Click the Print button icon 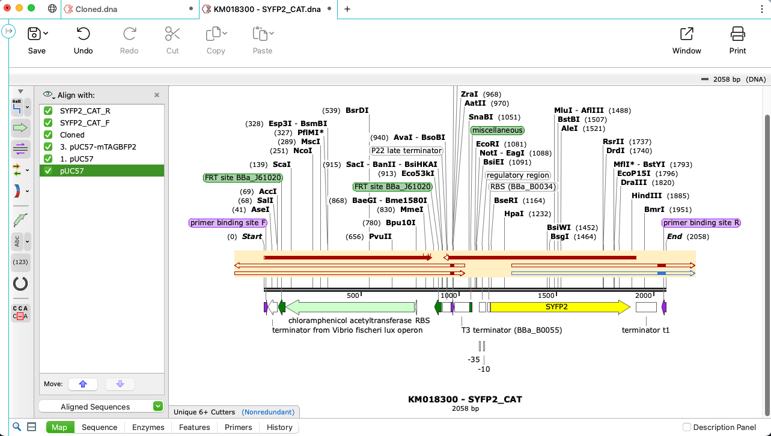737,34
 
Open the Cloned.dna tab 97,9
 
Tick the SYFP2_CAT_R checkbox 49,111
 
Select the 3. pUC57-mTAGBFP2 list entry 98,147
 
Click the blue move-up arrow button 83,384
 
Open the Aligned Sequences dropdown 157,407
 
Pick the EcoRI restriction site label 487,144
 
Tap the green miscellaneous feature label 497,130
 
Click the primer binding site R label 701,223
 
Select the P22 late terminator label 406,151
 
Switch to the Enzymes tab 148,428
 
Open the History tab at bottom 279,428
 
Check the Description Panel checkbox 687,428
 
